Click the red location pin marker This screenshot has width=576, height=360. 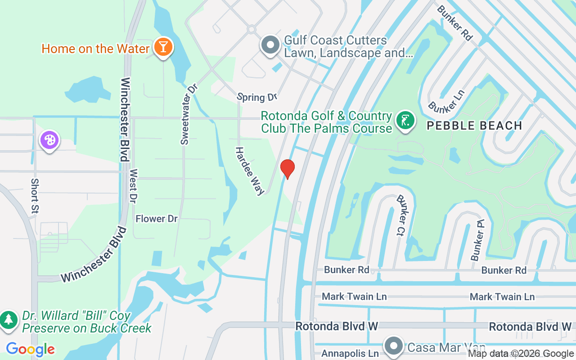[288, 169]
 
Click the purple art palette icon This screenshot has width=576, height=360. [49, 140]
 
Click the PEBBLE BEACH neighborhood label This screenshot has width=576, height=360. [474, 126]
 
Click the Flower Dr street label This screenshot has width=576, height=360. [157, 219]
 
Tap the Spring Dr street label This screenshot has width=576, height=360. [257, 97]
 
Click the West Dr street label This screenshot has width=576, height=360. [133, 186]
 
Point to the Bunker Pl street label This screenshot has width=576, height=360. [477, 245]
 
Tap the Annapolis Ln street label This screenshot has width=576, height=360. [350, 354]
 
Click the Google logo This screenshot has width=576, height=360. [30, 349]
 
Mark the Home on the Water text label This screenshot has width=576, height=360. [95, 49]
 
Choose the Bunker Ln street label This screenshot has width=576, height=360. [445, 101]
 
